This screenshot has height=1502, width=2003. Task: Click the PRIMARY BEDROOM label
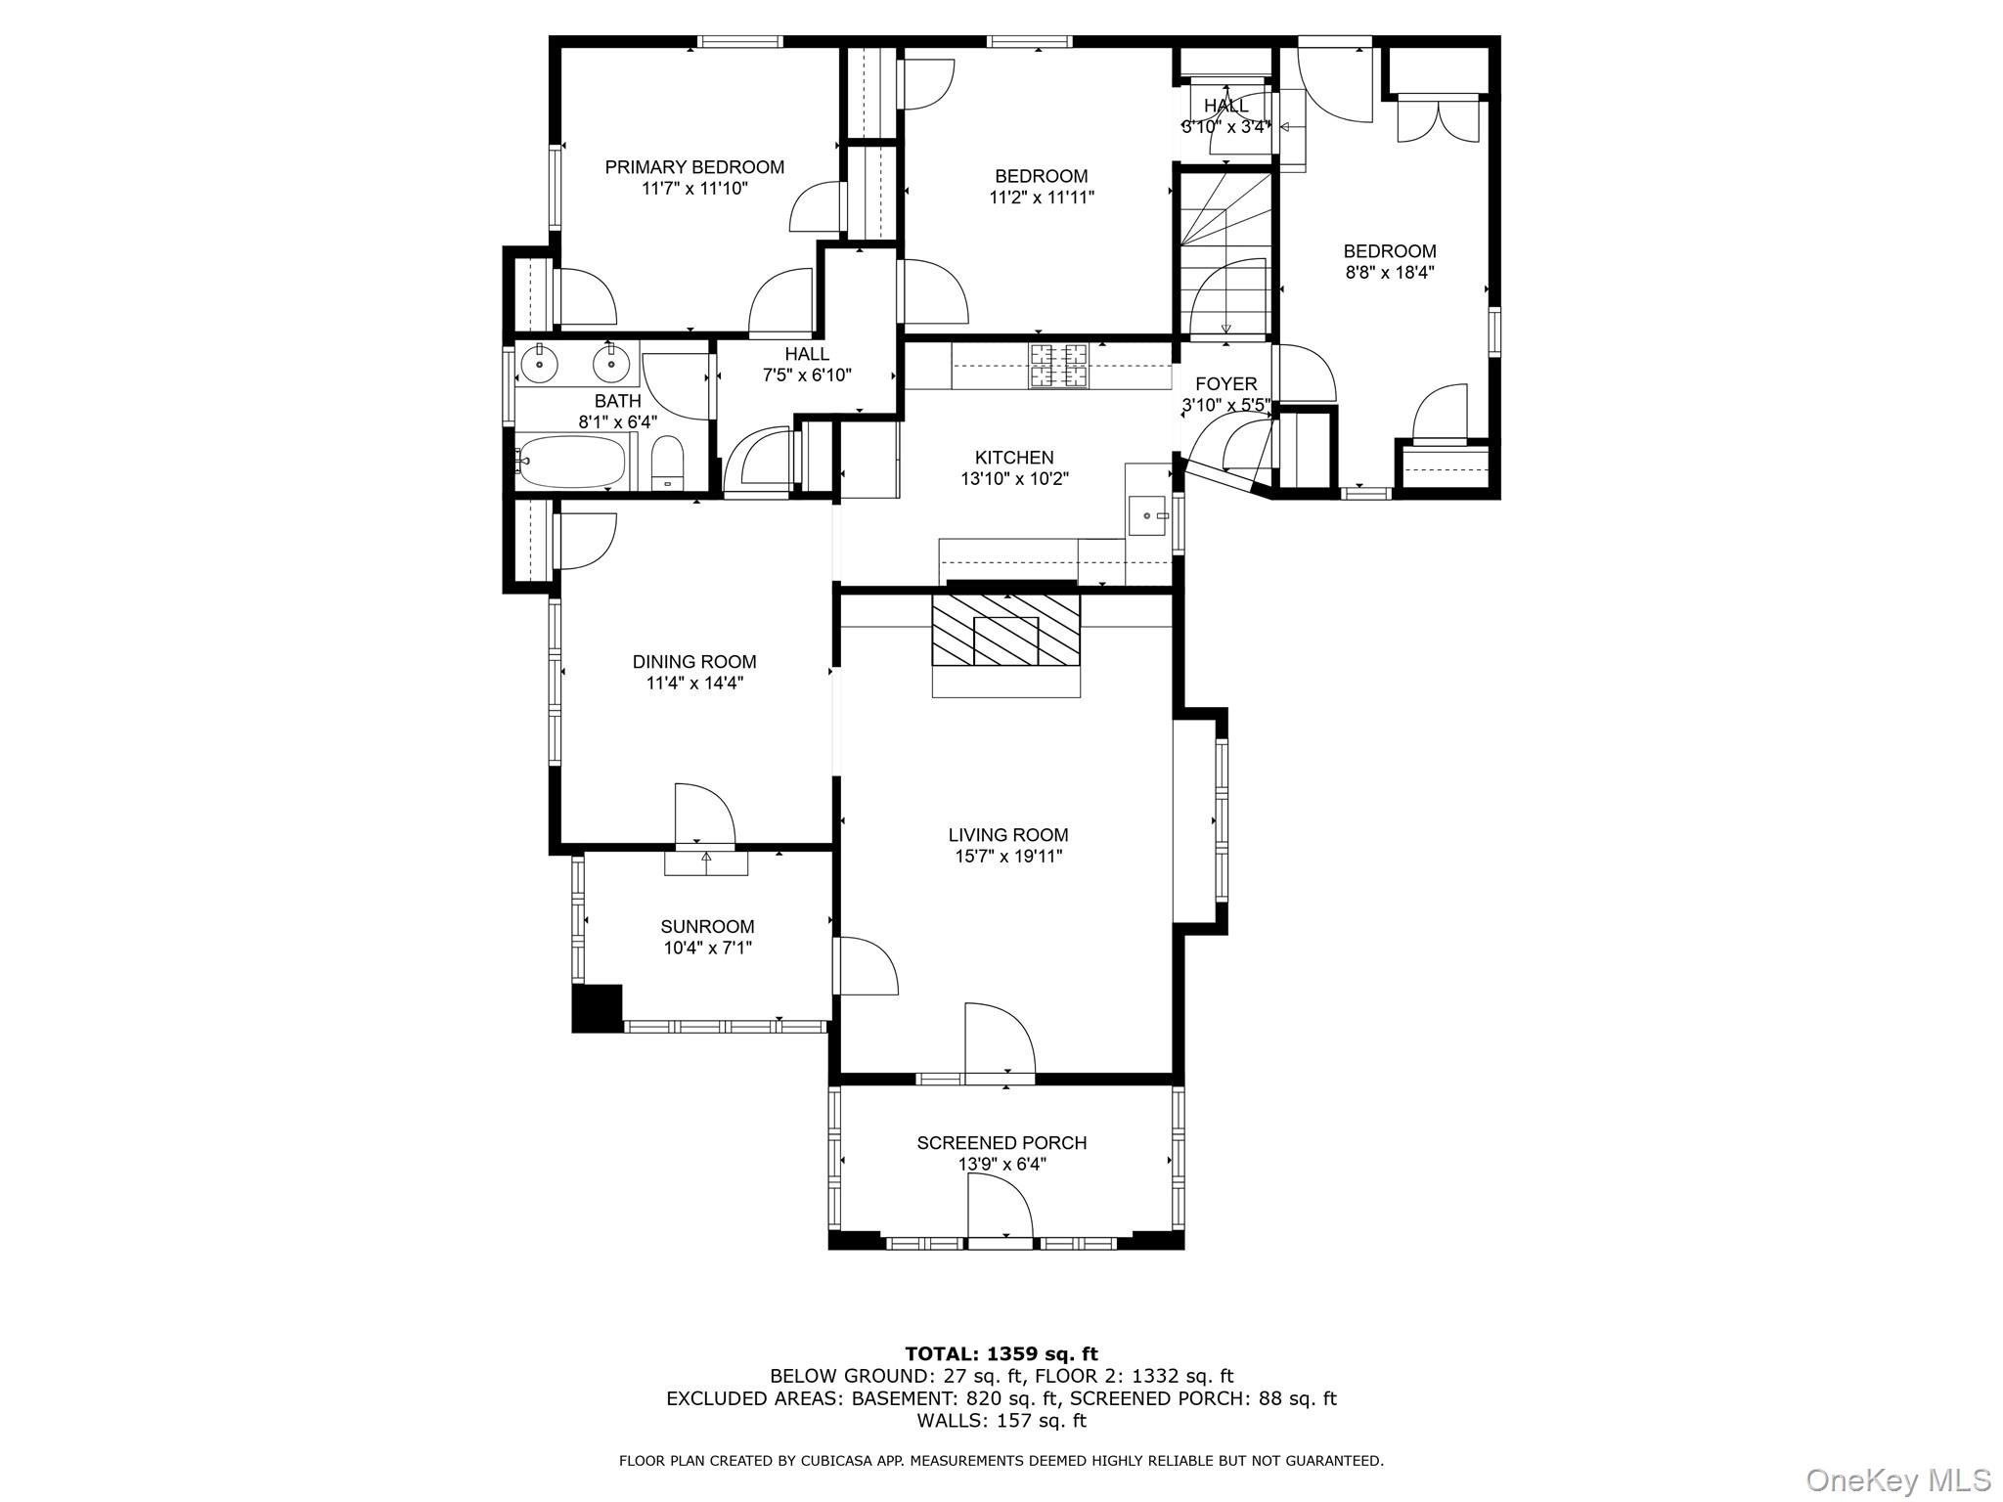(x=694, y=167)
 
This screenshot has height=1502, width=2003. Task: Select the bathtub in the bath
(x=571, y=463)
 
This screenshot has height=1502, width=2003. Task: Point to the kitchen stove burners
(x=1058, y=366)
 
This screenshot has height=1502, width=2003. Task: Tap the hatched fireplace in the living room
(x=1005, y=631)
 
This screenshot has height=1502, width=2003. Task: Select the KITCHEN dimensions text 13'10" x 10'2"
(x=1014, y=479)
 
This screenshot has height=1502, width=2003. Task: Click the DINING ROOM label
(x=694, y=662)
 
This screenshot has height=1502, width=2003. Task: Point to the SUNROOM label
(x=707, y=926)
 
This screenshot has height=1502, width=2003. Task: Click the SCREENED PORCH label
(x=1001, y=1142)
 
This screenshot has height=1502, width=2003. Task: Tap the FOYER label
(x=1225, y=384)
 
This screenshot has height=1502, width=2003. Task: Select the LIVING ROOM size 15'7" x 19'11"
(x=1008, y=857)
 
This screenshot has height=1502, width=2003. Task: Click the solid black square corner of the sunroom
(x=597, y=1008)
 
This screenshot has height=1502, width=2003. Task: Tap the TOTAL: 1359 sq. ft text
(x=1001, y=1354)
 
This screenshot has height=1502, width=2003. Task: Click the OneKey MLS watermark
(x=1897, y=1480)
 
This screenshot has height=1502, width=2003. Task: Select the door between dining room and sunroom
(x=702, y=814)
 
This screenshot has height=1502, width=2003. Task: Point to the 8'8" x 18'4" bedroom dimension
(x=1390, y=273)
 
